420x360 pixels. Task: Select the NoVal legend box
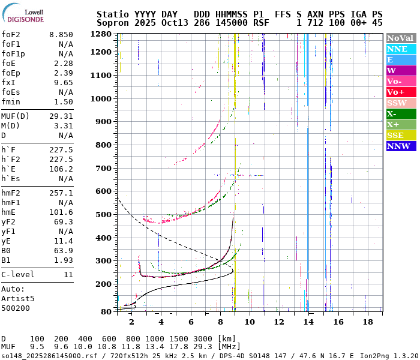click(x=401, y=38)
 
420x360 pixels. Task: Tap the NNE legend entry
click(x=401, y=49)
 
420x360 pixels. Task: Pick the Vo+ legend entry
click(x=401, y=92)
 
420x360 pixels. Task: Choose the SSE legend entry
click(x=401, y=135)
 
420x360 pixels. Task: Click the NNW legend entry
click(x=401, y=146)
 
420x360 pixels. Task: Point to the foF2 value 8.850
click(x=62, y=35)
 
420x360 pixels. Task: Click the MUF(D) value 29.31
click(x=62, y=116)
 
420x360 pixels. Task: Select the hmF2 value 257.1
click(x=62, y=193)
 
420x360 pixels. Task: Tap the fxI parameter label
click(x=8, y=83)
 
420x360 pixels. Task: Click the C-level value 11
click(x=68, y=275)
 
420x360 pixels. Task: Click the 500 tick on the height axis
click(x=105, y=215)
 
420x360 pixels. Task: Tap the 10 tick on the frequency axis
click(x=249, y=322)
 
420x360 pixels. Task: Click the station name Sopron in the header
click(x=112, y=22)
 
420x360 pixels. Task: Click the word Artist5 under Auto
click(x=18, y=298)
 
